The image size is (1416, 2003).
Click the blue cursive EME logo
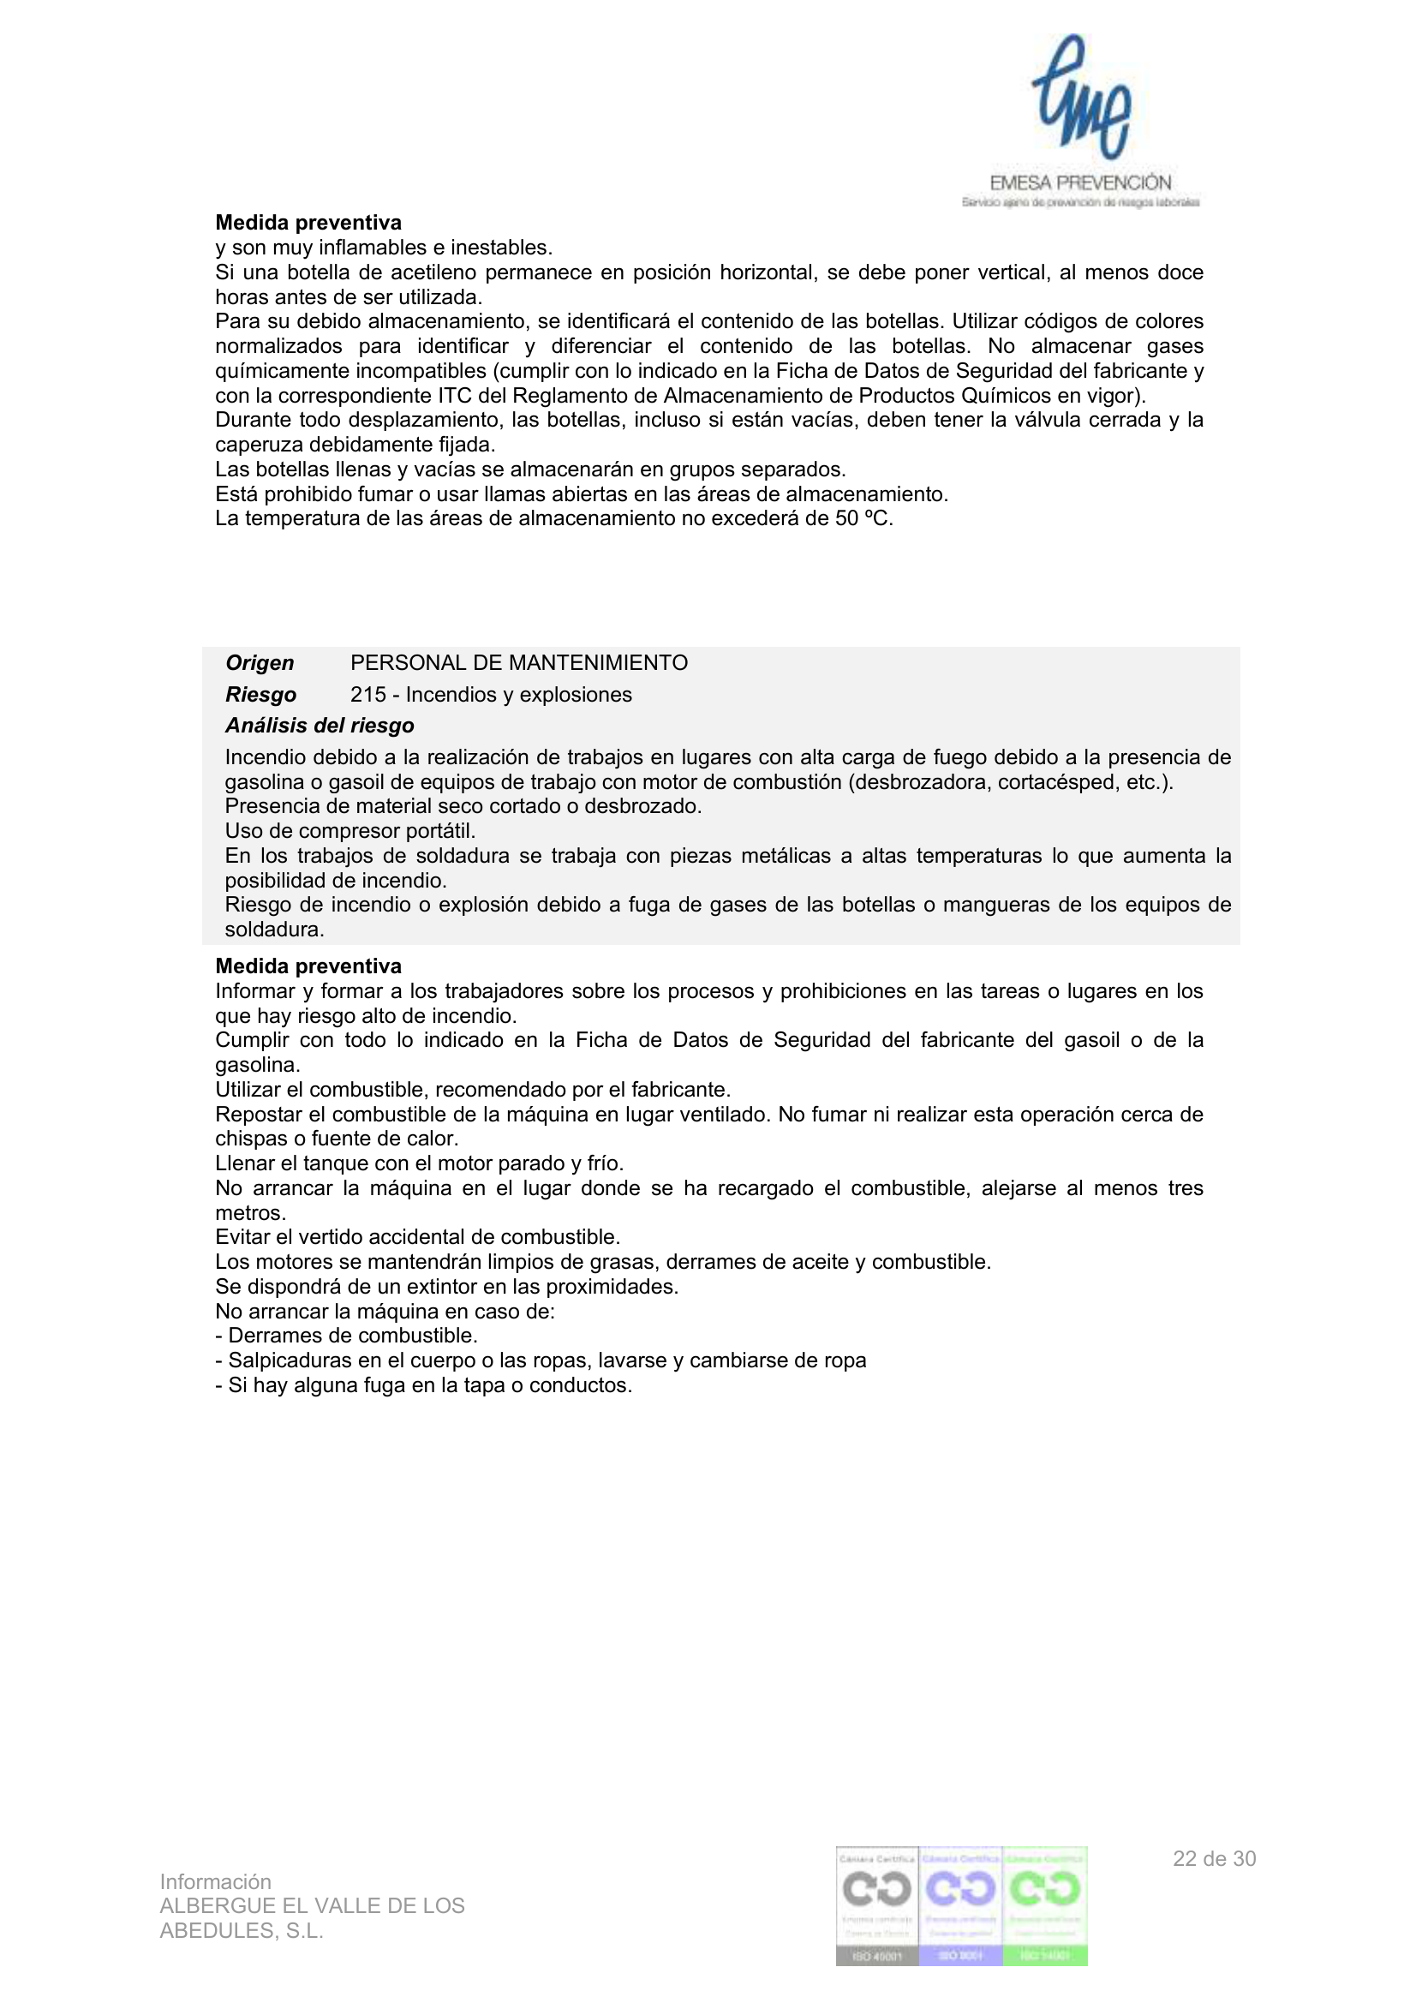(1081, 98)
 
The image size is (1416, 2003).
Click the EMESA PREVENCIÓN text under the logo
(1080, 183)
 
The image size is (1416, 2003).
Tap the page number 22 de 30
(1214, 1859)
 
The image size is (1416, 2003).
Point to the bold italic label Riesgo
(261, 695)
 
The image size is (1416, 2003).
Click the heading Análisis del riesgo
(320, 726)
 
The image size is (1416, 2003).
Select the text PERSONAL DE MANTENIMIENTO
(518, 663)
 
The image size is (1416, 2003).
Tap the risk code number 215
(368, 695)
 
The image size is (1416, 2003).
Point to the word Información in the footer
(216, 1881)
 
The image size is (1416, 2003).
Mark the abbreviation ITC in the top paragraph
(455, 396)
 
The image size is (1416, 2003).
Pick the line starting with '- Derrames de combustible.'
(346, 1336)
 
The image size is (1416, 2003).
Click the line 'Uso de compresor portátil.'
(350, 830)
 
